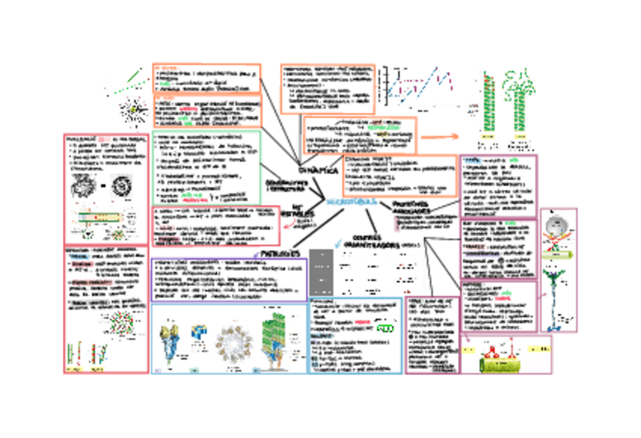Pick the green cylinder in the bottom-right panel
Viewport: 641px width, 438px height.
click(x=503, y=363)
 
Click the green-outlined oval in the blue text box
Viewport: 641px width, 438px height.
click(x=386, y=329)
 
